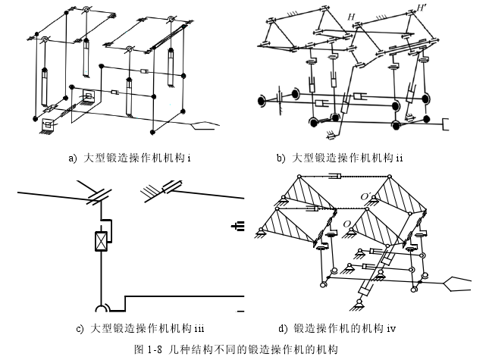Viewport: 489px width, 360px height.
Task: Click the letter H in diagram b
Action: pos(350,16)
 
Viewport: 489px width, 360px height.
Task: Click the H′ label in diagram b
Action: pos(421,8)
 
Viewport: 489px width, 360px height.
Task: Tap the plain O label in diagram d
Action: pos(348,225)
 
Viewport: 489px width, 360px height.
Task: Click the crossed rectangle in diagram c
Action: pos(99,242)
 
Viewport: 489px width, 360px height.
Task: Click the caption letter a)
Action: pos(73,158)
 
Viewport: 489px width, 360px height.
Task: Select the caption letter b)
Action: pos(281,158)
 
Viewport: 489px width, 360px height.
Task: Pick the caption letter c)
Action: pos(80,329)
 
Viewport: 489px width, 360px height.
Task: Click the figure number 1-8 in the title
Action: pos(154,349)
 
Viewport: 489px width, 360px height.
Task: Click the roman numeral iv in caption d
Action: pos(391,329)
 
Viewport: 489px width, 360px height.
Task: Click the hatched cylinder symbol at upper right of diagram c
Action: pos(168,187)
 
